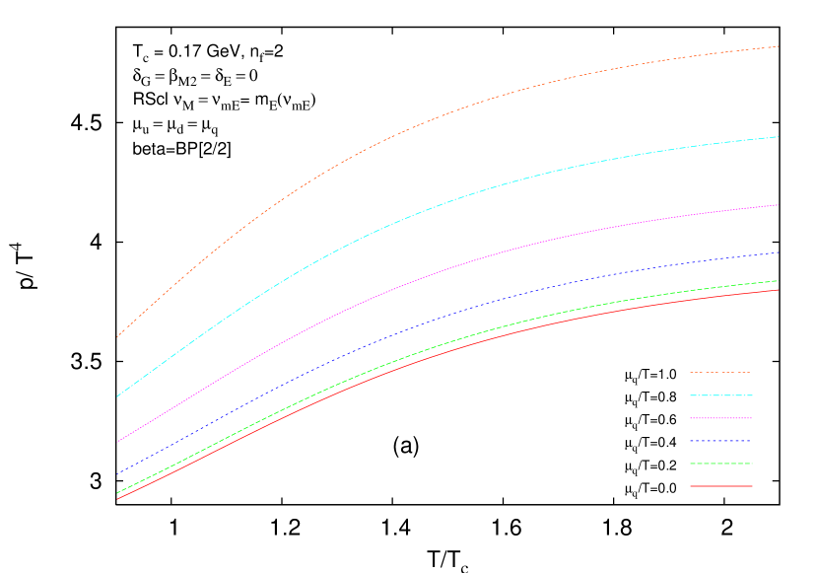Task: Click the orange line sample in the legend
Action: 720,372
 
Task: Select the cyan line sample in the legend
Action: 720,395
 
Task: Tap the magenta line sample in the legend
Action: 720,418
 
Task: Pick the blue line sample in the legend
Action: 720,441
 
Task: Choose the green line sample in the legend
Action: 720,464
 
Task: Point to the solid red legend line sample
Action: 720,486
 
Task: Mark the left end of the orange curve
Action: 117,337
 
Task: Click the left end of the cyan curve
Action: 117,396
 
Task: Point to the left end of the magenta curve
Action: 117,442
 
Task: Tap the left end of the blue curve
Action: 117,473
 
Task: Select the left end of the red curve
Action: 117,499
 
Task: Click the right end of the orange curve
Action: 779,46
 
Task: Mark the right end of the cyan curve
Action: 779,137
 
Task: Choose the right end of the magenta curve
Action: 779,205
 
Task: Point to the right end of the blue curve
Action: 779,252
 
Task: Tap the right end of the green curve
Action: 778,281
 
